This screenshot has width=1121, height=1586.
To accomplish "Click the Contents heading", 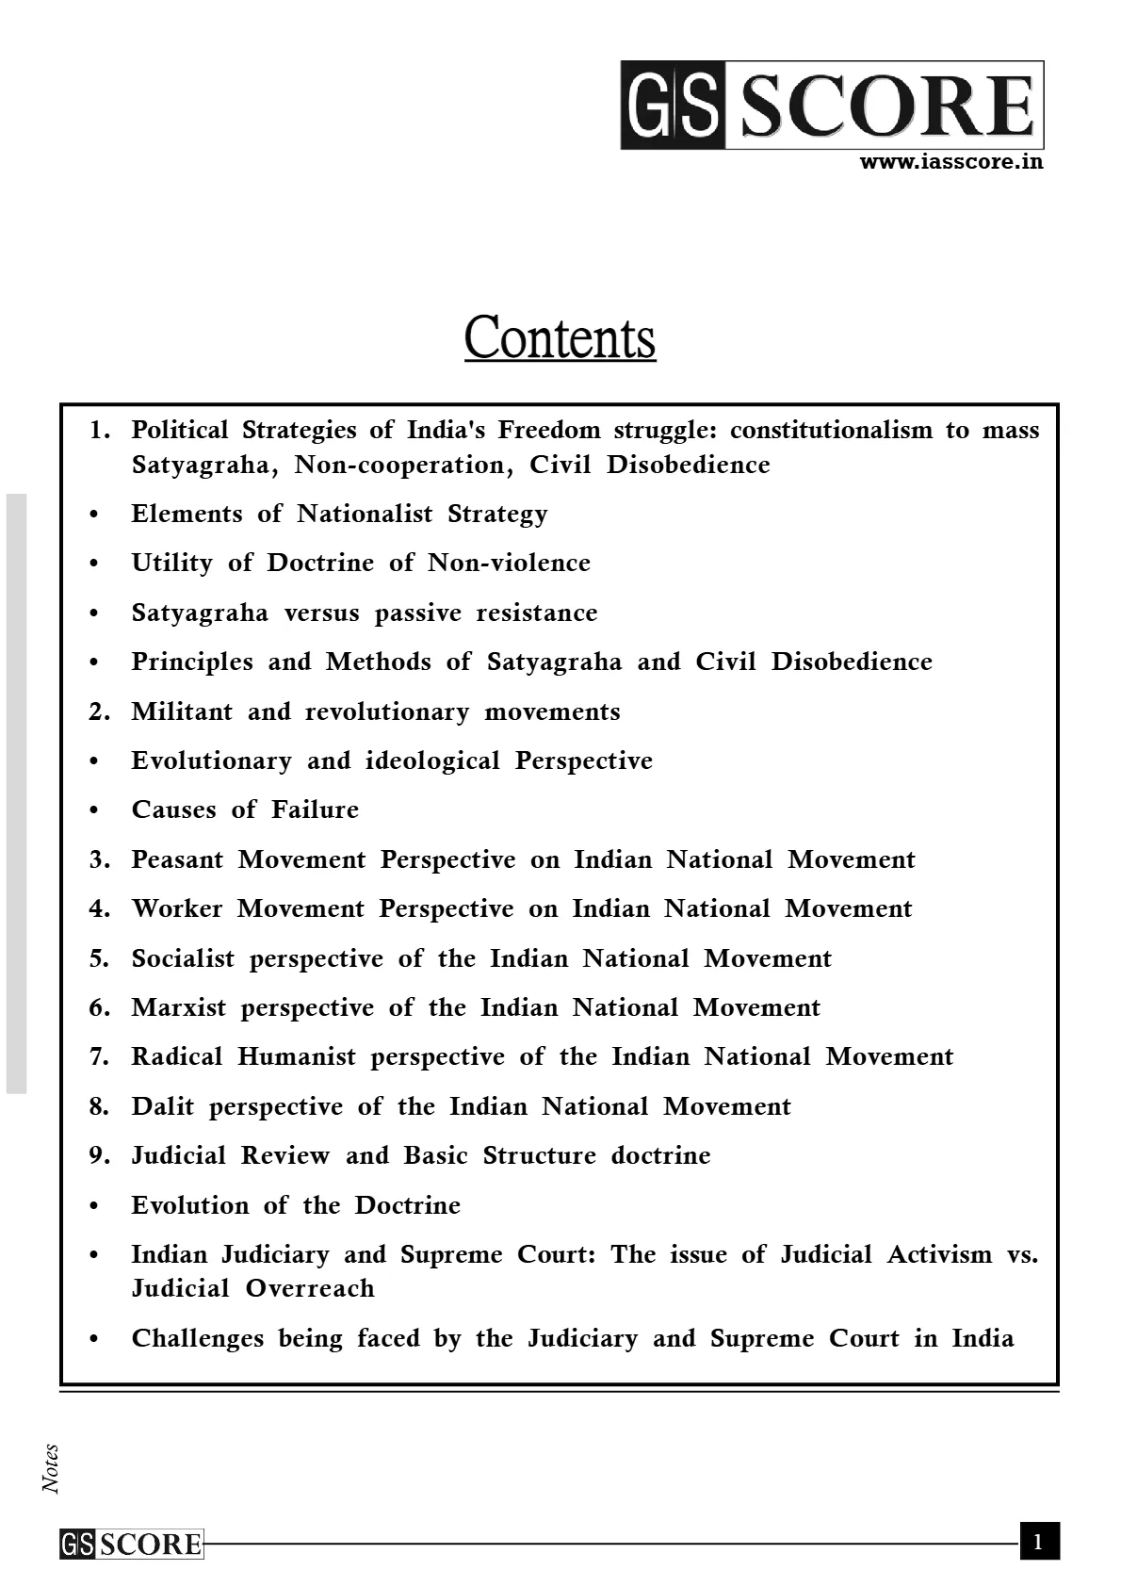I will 560,337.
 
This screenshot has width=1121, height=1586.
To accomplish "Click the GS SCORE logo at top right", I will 832,106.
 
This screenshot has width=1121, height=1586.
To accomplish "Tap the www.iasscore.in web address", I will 951,161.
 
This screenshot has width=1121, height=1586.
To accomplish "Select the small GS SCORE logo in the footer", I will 131,1544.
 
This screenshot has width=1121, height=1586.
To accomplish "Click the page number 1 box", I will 1039,1542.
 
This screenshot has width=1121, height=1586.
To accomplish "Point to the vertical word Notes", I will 51,1468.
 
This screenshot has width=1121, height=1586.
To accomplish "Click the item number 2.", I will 99,711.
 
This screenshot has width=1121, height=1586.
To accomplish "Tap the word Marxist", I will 179,1007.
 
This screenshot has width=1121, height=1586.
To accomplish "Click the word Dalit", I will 162,1106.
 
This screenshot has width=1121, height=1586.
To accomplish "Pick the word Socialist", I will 183,958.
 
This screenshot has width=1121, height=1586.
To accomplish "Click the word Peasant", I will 177,859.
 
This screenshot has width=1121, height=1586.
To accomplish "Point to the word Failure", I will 315,809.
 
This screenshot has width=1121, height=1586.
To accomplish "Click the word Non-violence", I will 509,563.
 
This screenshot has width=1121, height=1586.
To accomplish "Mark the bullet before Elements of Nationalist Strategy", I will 93,515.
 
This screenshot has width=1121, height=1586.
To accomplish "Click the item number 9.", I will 99,1155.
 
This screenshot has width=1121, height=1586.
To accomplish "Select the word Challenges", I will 198,1338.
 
